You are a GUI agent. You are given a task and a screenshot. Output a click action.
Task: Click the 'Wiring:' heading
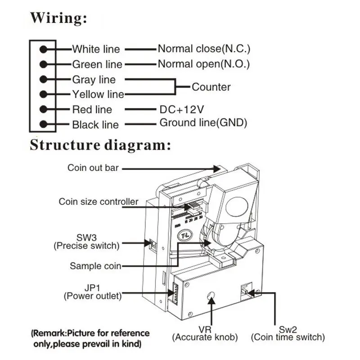pyautogui.click(x=58, y=18)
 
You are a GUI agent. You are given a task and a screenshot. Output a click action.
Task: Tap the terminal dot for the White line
pyautogui.click(x=43, y=49)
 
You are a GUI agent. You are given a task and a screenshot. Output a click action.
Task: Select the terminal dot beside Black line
pyautogui.click(x=43, y=124)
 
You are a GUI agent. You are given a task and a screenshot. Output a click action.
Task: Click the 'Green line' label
pyautogui.click(x=97, y=64)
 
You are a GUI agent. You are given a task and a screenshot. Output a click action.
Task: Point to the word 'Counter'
pyautogui.click(x=211, y=87)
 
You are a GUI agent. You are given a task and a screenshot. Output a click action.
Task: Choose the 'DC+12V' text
pyautogui.click(x=182, y=109)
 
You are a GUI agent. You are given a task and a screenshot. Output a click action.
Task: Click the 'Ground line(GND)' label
pyautogui.click(x=203, y=123)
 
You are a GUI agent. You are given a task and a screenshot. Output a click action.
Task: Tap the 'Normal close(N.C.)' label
pyautogui.click(x=204, y=49)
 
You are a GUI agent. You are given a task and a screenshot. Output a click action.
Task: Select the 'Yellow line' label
pyautogui.click(x=98, y=94)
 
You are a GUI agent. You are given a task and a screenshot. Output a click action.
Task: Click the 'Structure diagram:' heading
pyautogui.click(x=100, y=145)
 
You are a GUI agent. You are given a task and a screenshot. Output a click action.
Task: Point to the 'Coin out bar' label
pyautogui.click(x=93, y=168)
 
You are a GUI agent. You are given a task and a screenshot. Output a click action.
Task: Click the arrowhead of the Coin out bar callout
pyautogui.click(x=217, y=169)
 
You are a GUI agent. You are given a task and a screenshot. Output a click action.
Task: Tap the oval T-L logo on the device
pyautogui.click(x=185, y=235)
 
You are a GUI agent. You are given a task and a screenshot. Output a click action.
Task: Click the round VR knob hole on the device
pyautogui.click(x=211, y=295)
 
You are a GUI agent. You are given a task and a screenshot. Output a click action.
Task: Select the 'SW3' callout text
pyautogui.click(x=86, y=238)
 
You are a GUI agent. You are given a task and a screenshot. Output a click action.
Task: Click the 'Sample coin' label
pyautogui.click(x=95, y=266)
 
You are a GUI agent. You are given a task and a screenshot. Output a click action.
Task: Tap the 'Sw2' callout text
pyautogui.click(x=288, y=330)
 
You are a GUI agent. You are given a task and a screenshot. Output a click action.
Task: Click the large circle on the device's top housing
pyautogui.click(x=237, y=206)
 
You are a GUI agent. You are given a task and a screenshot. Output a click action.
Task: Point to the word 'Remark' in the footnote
pyautogui.click(x=49, y=333)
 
